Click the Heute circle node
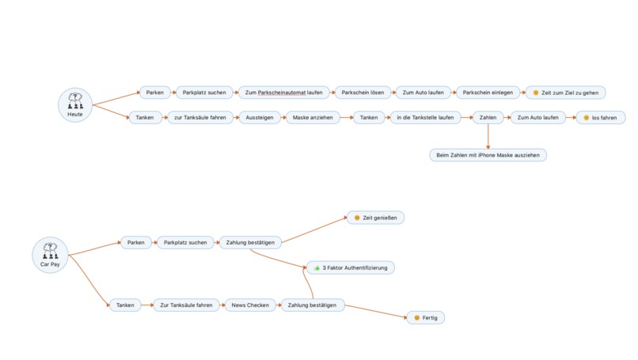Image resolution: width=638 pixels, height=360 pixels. click(75, 105)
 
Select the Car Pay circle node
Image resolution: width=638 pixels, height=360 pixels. click(50, 255)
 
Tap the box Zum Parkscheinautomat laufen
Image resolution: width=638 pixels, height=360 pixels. click(283, 93)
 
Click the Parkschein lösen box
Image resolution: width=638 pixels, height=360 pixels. click(363, 93)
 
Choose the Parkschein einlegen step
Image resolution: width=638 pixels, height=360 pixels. click(488, 93)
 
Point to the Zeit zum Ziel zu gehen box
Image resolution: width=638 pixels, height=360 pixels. click(566, 93)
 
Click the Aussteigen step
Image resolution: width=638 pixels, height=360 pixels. click(260, 118)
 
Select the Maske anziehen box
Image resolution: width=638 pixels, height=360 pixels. click(313, 118)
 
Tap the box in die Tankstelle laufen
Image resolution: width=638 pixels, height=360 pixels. click(425, 118)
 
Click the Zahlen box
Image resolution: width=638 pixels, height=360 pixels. click(488, 118)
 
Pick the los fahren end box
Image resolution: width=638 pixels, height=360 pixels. click(601, 118)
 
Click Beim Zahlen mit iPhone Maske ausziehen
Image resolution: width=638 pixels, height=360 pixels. click(488, 155)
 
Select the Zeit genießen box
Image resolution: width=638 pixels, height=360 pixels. click(375, 218)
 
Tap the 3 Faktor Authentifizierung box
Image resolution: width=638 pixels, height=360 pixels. click(351, 267)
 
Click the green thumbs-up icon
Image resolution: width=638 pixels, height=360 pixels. click(317, 267)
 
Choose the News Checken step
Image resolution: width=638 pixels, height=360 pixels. click(250, 305)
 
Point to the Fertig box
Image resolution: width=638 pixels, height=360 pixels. click(425, 318)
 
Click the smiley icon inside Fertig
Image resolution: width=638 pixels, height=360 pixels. click(416, 318)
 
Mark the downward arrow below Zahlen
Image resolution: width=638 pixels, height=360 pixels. click(488, 136)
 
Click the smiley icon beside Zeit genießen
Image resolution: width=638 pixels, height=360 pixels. click(357, 218)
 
